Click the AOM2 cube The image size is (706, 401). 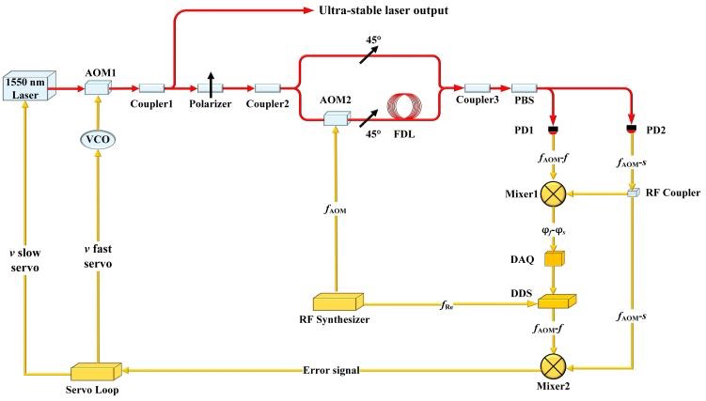[335, 119]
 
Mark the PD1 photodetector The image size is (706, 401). [555, 128]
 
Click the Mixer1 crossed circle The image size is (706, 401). [555, 194]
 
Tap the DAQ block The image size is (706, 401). [555, 257]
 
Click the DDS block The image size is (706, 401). [555, 302]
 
